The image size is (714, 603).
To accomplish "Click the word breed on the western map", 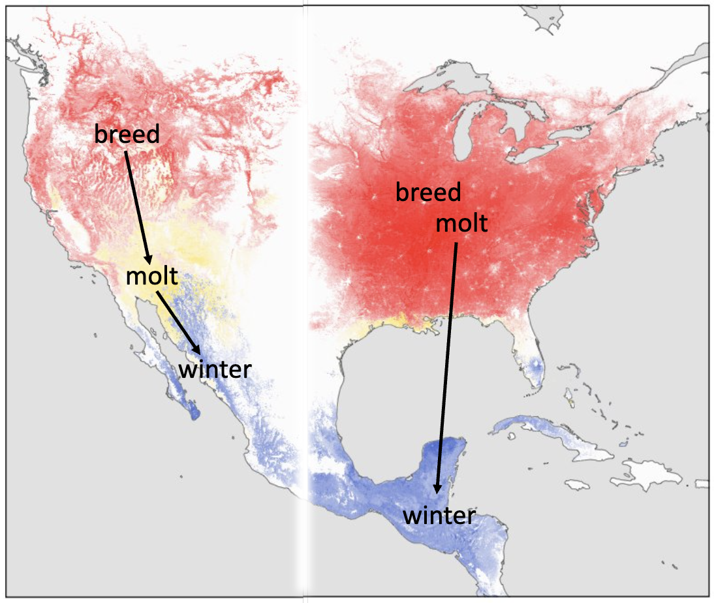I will pos(127,134).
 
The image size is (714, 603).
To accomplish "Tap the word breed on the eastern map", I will pos(428,193).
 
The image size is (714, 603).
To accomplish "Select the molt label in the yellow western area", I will pos(151,276).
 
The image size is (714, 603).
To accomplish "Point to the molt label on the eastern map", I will pos(461,223).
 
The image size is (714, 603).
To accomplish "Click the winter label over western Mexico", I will pos(215,369).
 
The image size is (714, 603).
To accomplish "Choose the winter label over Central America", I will pos(439,516).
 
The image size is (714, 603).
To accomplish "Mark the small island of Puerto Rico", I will pos(699,484).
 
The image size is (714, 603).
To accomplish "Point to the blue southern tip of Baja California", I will pos(193,412).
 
